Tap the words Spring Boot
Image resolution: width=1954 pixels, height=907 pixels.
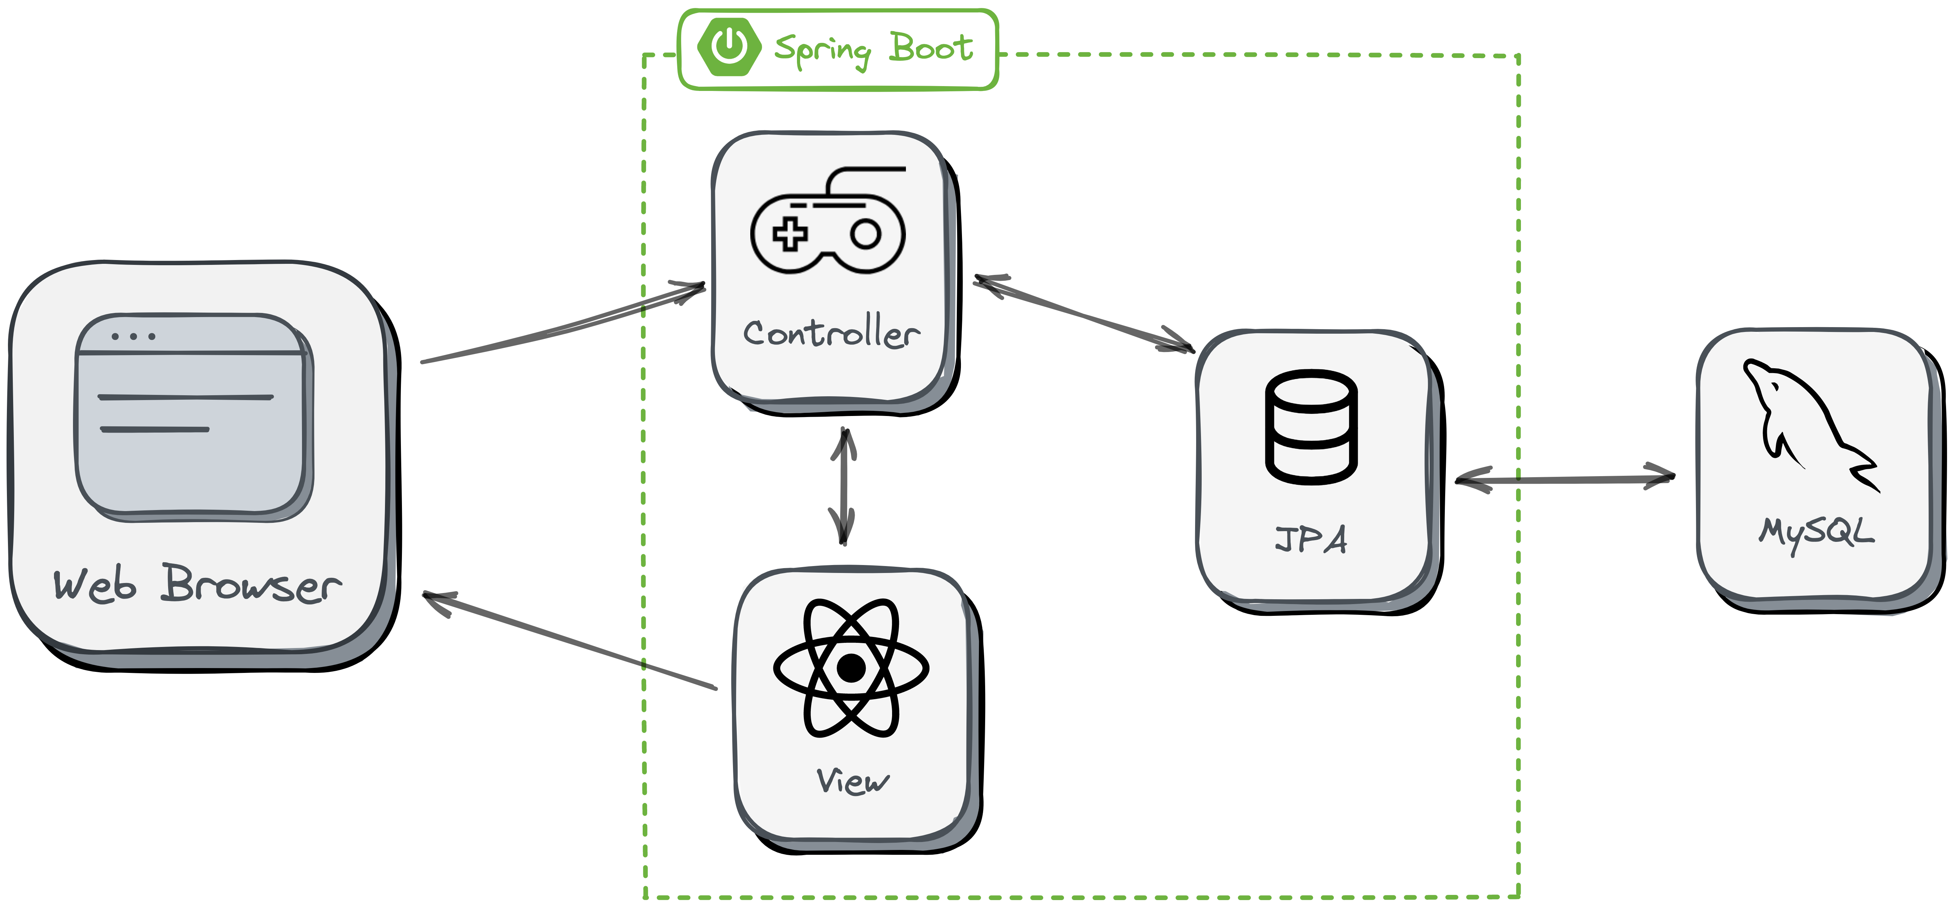click(x=873, y=50)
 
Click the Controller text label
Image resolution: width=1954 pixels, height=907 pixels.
click(x=831, y=334)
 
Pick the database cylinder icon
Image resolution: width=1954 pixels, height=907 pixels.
click(x=1311, y=427)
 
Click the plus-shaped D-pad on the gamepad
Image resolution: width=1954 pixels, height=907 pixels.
click(x=790, y=233)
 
